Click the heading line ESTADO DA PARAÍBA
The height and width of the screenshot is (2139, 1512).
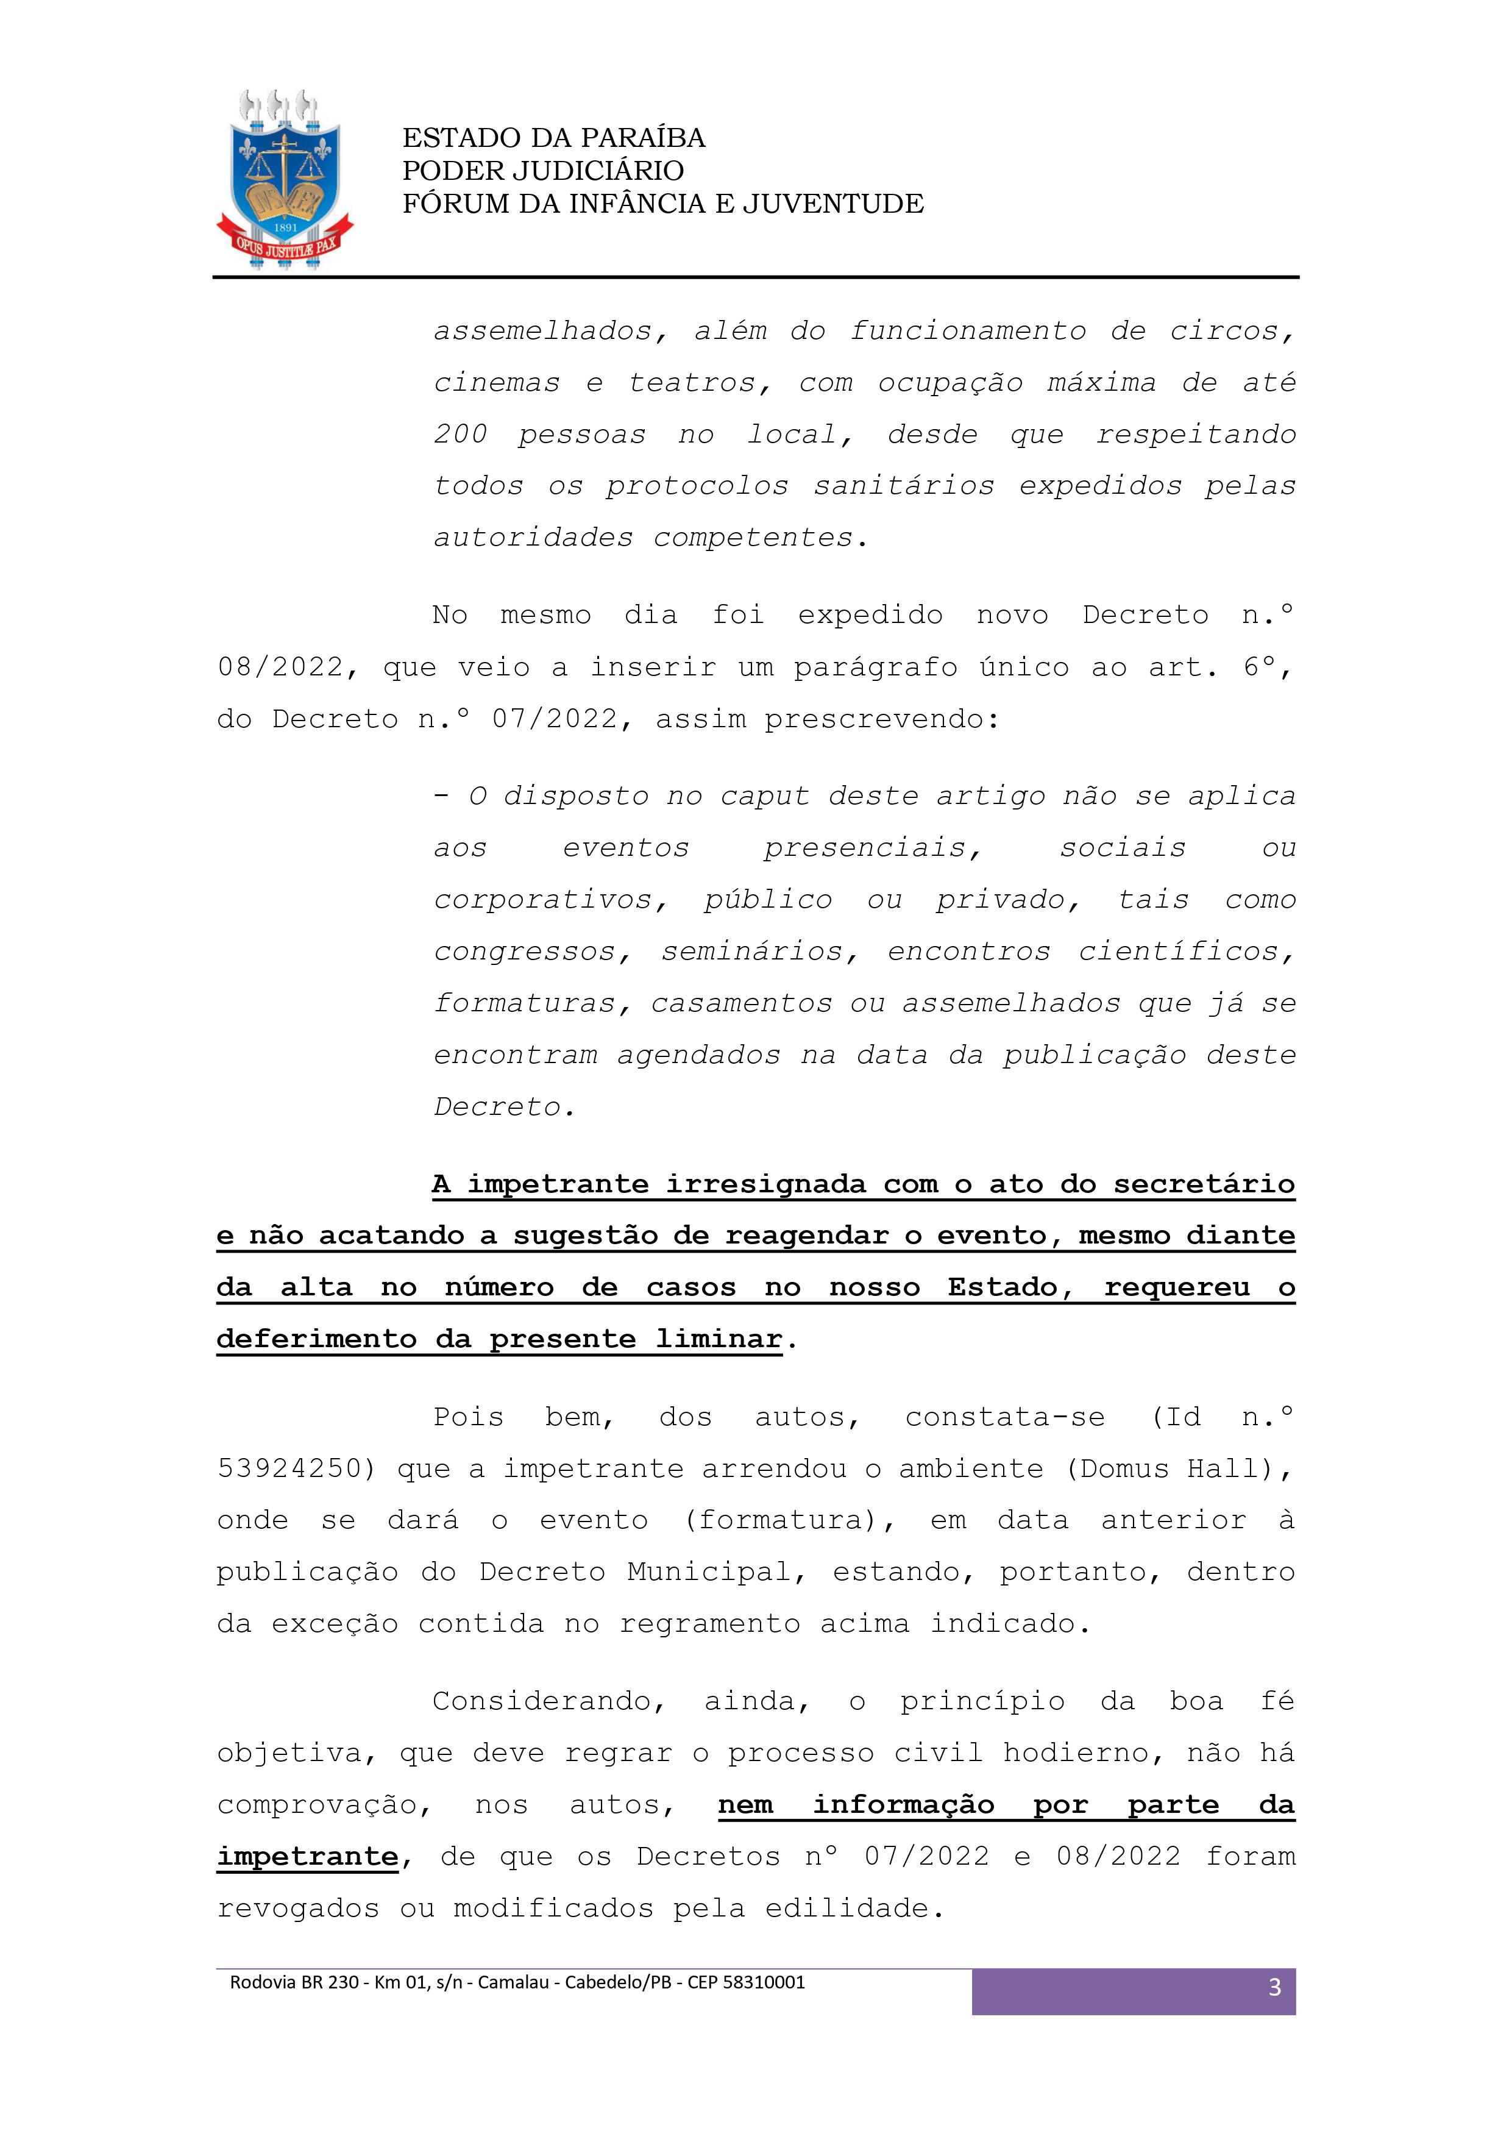(x=553, y=138)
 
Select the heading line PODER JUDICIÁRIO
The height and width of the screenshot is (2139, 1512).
(x=543, y=171)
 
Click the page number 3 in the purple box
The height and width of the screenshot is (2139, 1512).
(x=1274, y=1987)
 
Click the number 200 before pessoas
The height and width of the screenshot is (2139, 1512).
(x=460, y=434)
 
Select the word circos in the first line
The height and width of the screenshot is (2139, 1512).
(x=1232, y=331)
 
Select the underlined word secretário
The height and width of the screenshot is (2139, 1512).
(x=1204, y=1183)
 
